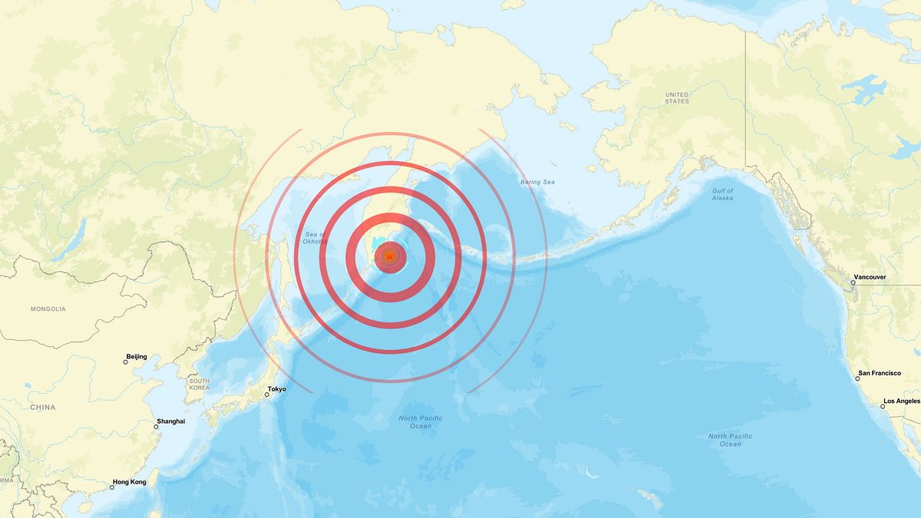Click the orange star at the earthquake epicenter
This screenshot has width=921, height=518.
click(390, 256)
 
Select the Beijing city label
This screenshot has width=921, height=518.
click(136, 357)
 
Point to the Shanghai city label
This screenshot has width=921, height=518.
click(170, 421)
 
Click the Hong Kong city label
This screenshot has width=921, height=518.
click(130, 482)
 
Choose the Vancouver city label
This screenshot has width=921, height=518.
click(870, 277)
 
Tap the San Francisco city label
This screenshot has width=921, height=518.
click(880, 373)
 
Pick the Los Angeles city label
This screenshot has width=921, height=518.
click(902, 401)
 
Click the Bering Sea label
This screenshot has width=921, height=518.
click(537, 183)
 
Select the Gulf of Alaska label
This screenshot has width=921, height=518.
click(722, 194)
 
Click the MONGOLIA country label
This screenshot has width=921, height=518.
click(48, 309)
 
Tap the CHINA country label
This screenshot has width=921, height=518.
click(42, 407)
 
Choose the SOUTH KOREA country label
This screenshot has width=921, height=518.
click(200, 384)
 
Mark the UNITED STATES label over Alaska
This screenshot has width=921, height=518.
click(677, 97)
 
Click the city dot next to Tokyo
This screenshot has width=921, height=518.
click(267, 394)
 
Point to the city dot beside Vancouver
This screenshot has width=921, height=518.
click(853, 282)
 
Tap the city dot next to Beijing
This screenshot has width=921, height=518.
click(125, 361)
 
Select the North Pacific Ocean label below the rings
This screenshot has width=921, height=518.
click(420, 421)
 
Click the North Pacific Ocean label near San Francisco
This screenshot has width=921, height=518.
click(730, 440)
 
